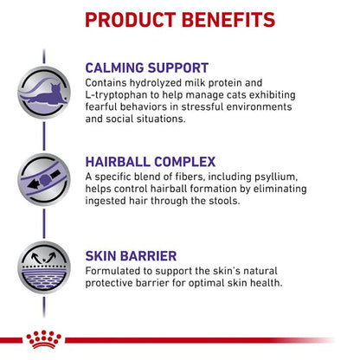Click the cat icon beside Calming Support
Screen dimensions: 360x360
pos(44,84)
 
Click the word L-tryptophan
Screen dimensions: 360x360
pos(119,104)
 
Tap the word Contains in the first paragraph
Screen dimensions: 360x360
pos(109,88)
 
